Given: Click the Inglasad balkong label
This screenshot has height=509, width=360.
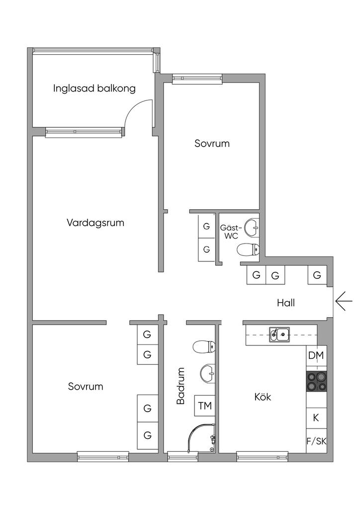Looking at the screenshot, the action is point(94,88).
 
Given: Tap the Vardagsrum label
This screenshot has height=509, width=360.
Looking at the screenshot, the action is point(95,223).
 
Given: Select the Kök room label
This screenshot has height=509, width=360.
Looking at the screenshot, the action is point(263,397).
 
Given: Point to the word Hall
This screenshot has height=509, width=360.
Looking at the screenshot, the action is point(286,303).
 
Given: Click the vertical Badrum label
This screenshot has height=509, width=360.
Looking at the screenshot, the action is point(180,386).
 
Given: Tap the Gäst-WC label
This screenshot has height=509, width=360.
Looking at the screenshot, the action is point(231,232).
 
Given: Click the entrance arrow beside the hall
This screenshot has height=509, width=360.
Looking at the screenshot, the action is point(344,302).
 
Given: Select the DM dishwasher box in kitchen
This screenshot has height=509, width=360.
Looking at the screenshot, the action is point(316,355).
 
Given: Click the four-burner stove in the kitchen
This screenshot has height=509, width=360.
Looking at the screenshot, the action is point(317,381).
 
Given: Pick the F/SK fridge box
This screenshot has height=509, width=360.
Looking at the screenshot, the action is point(317,441).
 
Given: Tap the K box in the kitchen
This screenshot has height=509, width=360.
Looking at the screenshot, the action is point(316,418).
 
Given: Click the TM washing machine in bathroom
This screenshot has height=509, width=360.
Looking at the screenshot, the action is point(205,406).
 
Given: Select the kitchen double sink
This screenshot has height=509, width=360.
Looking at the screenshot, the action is point(279,334).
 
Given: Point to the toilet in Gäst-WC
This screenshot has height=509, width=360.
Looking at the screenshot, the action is point(248,250).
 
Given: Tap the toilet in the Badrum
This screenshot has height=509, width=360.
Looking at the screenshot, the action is point(204,347).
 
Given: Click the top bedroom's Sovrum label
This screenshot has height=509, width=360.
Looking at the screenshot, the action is point(212,144).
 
